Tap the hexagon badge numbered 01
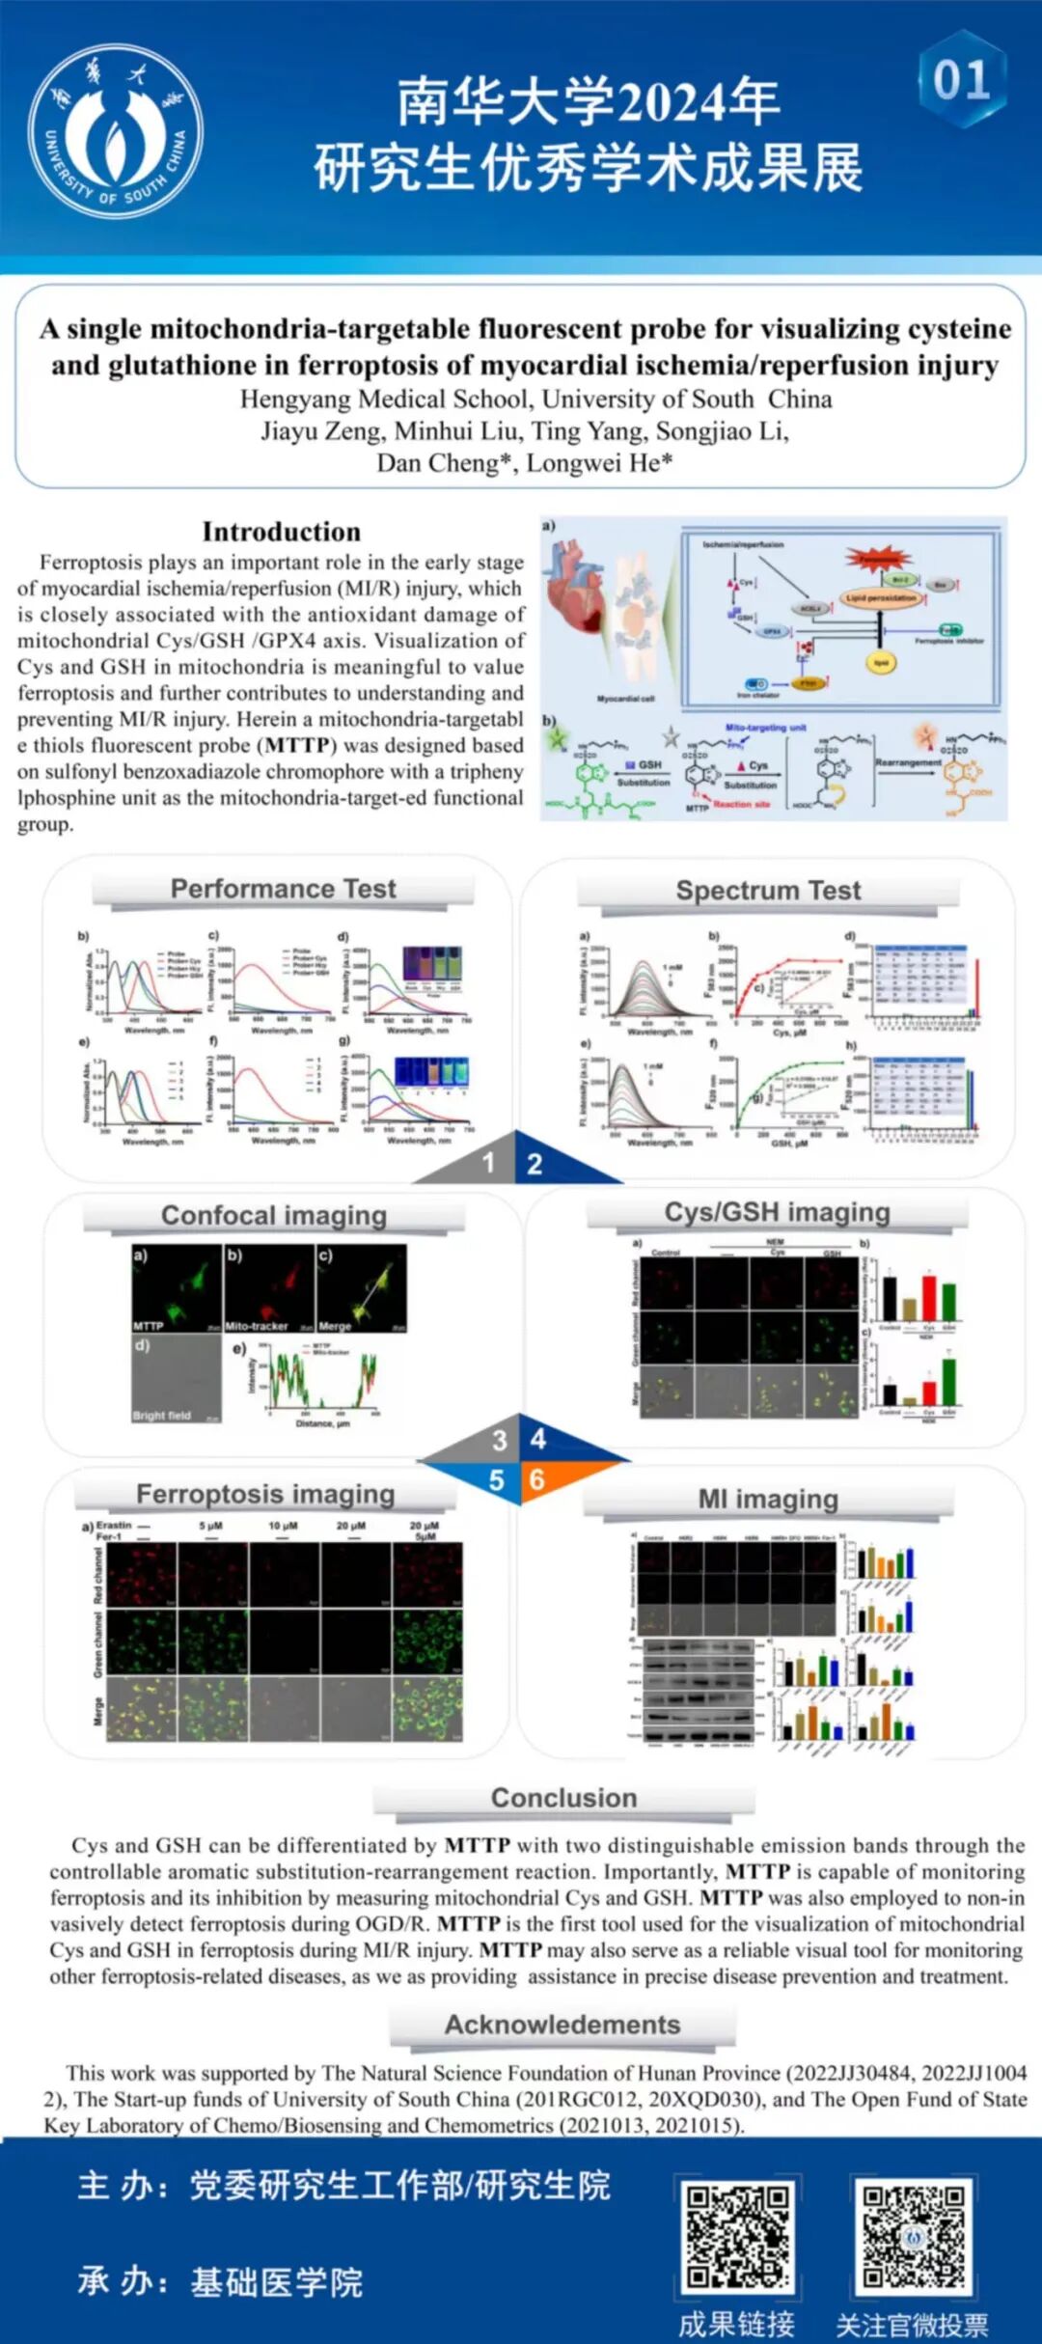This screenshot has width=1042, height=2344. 961,79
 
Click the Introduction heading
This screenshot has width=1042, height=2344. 281,532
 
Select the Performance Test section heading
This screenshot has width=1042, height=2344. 283,889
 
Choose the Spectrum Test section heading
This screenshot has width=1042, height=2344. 768,890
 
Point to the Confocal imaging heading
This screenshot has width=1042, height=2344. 273,1215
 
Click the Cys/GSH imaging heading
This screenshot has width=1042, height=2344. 777,1212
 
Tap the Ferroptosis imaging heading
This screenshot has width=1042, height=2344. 265,1494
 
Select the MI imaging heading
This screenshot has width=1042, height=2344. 768,1499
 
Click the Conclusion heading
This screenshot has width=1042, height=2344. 563,1798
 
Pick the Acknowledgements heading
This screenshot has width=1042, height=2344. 562,2025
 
